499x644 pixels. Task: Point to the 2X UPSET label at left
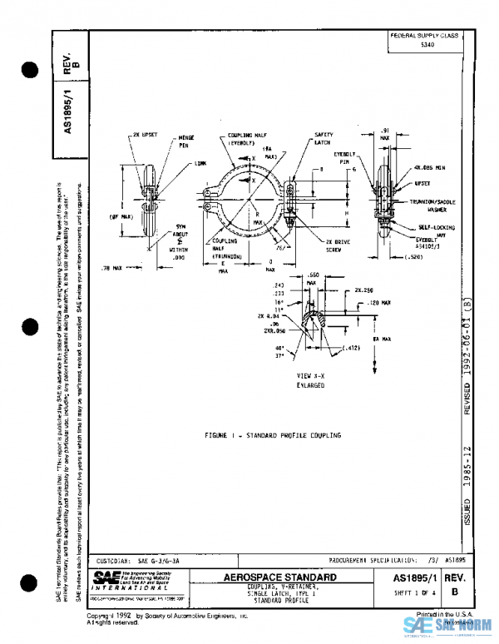tap(144, 133)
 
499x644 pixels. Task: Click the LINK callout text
tap(200, 164)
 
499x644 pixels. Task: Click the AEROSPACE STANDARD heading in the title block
tap(280, 577)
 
